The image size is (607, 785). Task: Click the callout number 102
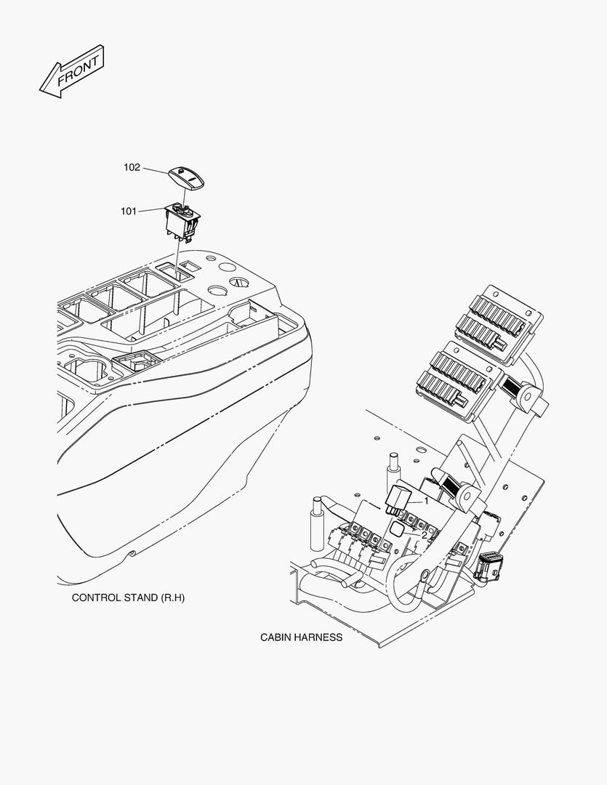pos(132,167)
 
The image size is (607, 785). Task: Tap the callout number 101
pos(129,212)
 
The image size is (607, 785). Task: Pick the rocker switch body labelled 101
pos(181,220)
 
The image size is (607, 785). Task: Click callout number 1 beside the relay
pos(427,501)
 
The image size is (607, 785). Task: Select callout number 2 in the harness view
pos(425,535)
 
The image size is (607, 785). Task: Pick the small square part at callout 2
pos(397,531)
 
